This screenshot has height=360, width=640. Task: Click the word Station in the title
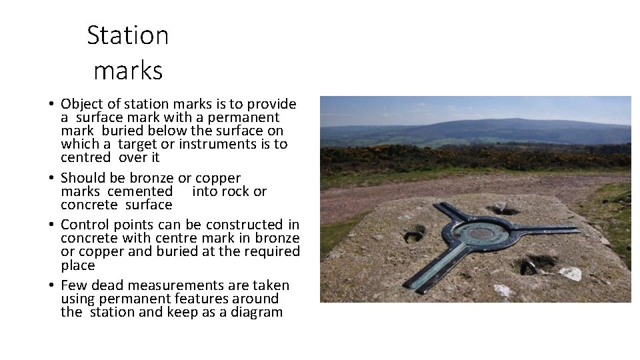pyautogui.click(x=128, y=35)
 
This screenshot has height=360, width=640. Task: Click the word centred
pyautogui.click(x=85, y=157)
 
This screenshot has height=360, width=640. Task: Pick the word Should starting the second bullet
pyautogui.click(x=83, y=178)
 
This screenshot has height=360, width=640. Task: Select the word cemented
pyautogui.click(x=139, y=191)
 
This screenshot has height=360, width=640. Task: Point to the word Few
pyautogui.click(x=73, y=285)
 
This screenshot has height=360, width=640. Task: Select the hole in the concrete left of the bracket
pyautogui.click(x=414, y=235)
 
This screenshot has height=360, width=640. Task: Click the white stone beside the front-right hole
pyautogui.click(x=569, y=273)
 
